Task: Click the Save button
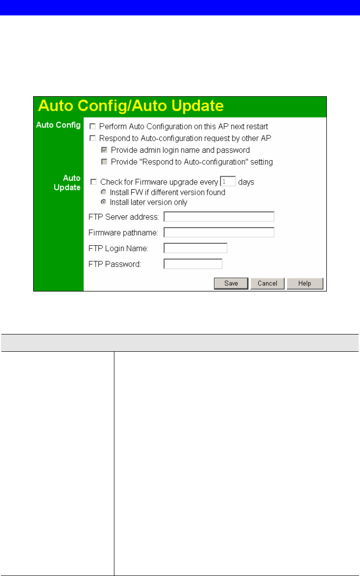point(231,283)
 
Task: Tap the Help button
point(305,283)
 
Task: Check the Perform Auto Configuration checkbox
point(92,126)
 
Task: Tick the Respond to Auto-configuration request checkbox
point(92,138)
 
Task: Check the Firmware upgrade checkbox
point(93,182)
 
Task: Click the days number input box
point(227,182)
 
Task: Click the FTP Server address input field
point(219,216)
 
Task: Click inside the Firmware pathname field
point(219,232)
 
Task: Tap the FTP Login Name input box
point(195,248)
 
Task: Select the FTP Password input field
point(193,264)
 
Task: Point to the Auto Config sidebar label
point(58,126)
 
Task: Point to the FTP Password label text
point(114,264)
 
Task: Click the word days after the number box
point(246,182)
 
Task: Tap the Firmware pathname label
point(123,233)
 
